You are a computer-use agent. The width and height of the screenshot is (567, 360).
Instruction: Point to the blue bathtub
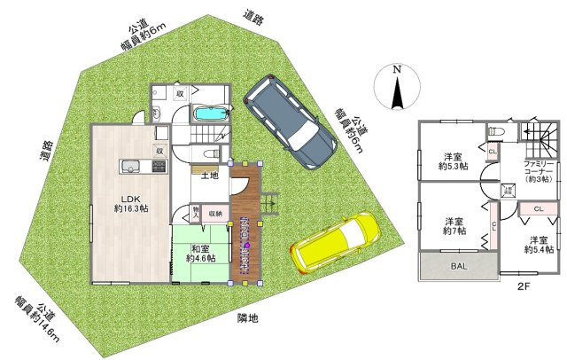click(209, 115)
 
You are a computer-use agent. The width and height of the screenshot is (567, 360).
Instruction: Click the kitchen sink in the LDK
click(126, 167)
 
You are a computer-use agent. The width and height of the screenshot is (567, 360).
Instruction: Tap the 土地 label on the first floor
click(211, 176)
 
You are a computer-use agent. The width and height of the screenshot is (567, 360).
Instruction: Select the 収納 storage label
click(215, 214)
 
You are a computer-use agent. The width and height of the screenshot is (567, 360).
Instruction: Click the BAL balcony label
click(458, 265)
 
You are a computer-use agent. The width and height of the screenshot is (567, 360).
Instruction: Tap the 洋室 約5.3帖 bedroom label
click(454, 160)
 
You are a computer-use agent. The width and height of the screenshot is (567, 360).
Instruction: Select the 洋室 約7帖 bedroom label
click(454, 226)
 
